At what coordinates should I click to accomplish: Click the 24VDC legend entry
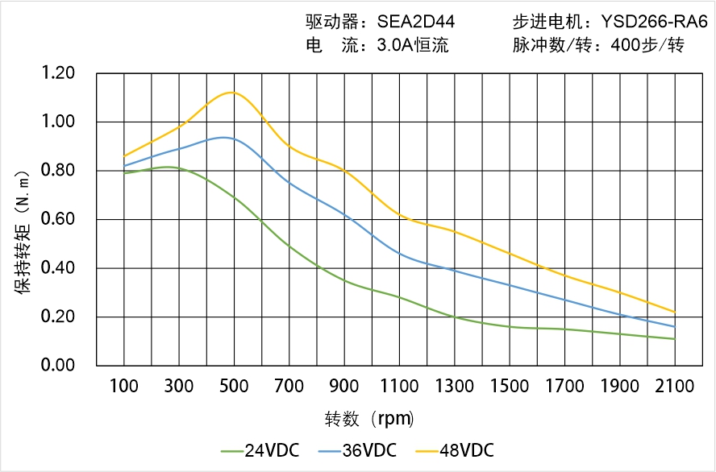pyautogui.click(x=260, y=450)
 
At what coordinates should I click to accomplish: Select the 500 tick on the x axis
pyautogui.click(x=234, y=387)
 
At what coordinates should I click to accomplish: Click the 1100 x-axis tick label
pyautogui.click(x=399, y=387)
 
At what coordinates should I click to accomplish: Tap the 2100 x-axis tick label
pyautogui.click(x=675, y=387)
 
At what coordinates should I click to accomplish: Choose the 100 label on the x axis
pyautogui.click(x=123, y=387)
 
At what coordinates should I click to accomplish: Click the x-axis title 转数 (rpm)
pyautogui.click(x=369, y=419)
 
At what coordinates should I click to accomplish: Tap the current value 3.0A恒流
pyautogui.click(x=413, y=45)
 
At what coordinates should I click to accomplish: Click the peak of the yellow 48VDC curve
pyautogui.click(x=232, y=92)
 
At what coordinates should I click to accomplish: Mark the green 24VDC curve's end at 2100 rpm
pyautogui.click(x=675, y=339)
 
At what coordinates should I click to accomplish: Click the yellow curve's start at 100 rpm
pyautogui.click(x=123, y=156)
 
